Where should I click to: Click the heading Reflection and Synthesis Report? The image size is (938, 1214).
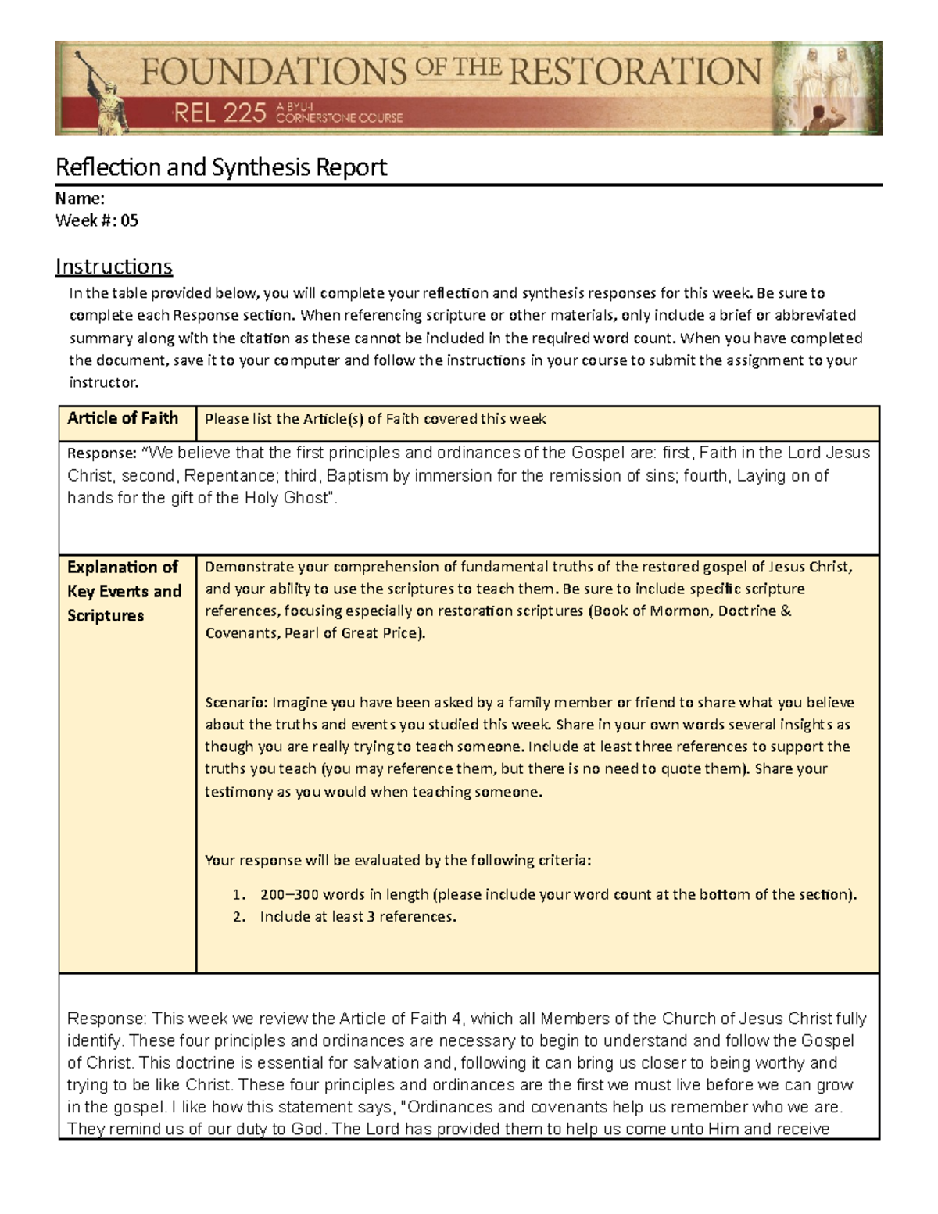pyautogui.click(x=221, y=167)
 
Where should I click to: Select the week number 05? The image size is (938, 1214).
pyautogui.click(x=129, y=220)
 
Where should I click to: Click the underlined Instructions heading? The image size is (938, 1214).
pyautogui.click(x=114, y=267)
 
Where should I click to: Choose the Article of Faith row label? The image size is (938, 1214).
pyautogui.click(x=123, y=418)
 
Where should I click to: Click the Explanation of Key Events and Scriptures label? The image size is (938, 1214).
pyautogui.click(x=124, y=591)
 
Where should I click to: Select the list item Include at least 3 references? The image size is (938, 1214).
pyautogui.click(x=357, y=916)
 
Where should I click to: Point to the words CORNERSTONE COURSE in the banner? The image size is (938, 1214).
pyautogui.click(x=340, y=118)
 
